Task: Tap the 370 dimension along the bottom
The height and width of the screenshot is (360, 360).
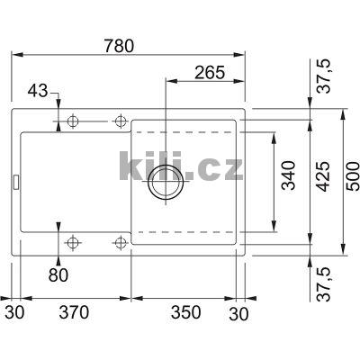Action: [x=75, y=313]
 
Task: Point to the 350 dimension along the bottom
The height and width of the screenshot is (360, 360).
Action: [x=184, y=313]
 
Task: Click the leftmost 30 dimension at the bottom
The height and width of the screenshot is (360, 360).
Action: [x=13, y=313]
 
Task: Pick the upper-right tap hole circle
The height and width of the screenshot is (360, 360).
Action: [x=119, y=121]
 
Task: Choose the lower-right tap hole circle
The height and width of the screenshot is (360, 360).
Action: [x=119, y=241]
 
